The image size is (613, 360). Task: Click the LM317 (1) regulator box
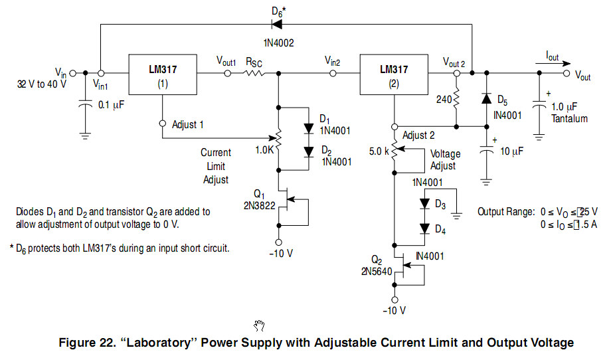(163, 74)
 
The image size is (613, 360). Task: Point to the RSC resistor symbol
(254, 74)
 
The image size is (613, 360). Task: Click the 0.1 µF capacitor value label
(110, 104)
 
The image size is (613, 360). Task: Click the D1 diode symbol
(308, 128)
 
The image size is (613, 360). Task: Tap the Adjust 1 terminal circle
(163, 124)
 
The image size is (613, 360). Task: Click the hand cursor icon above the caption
(260, 325)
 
